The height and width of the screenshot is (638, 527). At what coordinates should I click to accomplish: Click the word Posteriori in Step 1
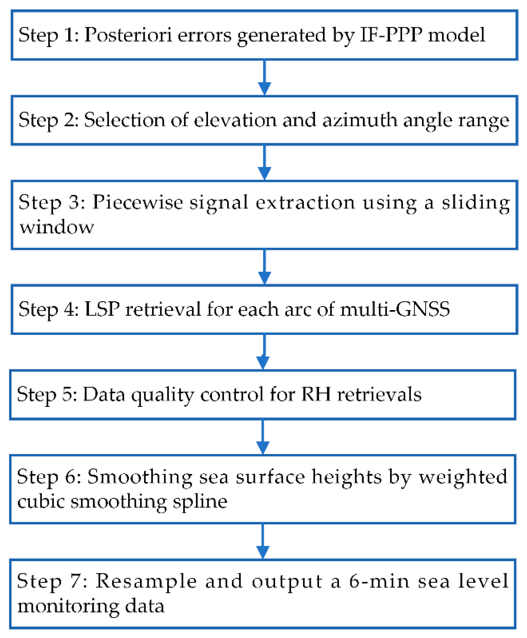click(127, 35)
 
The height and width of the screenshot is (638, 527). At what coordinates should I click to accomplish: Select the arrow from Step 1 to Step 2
click(264, 77)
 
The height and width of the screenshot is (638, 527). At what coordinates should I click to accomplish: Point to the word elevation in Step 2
click(235, 120)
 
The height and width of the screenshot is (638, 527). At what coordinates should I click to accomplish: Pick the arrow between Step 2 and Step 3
click(264, 163)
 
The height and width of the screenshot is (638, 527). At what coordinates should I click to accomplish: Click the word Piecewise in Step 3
click(137, 202)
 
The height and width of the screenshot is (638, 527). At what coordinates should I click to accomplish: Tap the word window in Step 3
click(57, 227)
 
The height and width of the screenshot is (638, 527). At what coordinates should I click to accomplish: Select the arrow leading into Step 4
click(264, 267)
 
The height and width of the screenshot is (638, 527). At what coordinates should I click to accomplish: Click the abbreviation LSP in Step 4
click(102, 309)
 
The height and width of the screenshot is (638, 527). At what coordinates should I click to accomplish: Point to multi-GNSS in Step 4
click(395, 309)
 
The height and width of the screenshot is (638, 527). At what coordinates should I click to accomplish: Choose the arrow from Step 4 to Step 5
click(263, 352)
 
